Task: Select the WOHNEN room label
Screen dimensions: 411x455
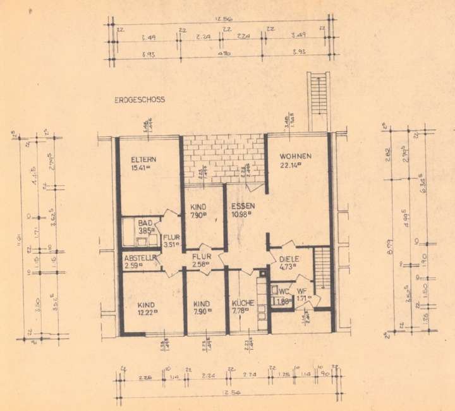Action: coord(296,156)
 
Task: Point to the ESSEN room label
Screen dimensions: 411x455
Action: coord(243,206)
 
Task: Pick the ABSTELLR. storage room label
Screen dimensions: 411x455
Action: coord(139,257)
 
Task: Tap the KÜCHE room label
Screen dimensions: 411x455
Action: coord(242,302)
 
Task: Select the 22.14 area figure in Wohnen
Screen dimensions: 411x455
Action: coord(291,166)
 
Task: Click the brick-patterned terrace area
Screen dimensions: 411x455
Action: coord(223,159)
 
